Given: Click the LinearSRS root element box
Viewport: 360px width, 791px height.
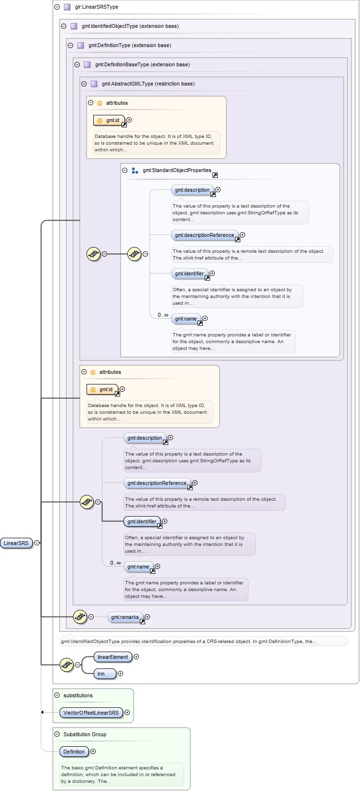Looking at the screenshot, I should click(x=16, y=543).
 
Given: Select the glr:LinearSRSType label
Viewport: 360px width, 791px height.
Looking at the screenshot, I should click(x=96, y=7).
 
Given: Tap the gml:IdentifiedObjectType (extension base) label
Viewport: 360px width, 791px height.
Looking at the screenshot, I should click(x=130, y=26).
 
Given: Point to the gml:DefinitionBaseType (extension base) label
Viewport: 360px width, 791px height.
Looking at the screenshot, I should click(x=142, y=64).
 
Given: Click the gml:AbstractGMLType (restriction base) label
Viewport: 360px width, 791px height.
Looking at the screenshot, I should click(x=148, y=84).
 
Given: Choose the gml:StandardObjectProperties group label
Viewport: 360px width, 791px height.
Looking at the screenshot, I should click(x=177, y=170).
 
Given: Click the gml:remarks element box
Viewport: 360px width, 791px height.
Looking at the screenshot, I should click(x=124, y=617).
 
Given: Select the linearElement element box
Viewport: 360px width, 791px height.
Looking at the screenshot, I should click(x=112, y=657).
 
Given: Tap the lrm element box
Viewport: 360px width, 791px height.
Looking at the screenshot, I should click(x=104, y=674).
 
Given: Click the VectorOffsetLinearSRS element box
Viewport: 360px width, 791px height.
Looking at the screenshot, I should click(x=91, y=713).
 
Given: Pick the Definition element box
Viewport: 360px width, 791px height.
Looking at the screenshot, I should click(x=74, y=752).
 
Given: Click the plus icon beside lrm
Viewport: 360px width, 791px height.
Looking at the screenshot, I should click(x=120, y=674).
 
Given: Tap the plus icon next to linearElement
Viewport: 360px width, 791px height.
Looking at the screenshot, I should click(x=136, y=657).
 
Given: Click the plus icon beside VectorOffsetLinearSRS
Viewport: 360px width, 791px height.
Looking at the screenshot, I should click(x=127, y=713).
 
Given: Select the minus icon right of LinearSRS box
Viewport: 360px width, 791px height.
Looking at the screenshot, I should click(x=37, y=543).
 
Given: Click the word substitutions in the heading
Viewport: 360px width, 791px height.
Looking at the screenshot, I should click(x=78, y=695).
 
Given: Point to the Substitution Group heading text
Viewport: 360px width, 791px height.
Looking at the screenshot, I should click(x=85, y=734).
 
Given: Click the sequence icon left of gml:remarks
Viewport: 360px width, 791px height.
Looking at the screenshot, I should click(x=80, y=617).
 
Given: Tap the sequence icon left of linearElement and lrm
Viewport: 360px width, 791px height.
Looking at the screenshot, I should click(x=66, y=665).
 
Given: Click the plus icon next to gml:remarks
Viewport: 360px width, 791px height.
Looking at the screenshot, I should click(x=148, y=617).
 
